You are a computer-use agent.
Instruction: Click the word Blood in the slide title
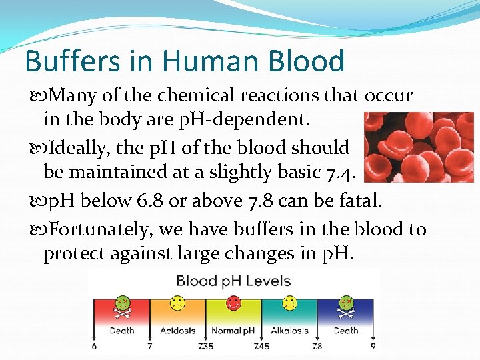click(307, 61)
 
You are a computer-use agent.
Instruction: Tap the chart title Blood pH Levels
click(233, 281)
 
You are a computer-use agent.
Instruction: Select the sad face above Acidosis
click(177, 303)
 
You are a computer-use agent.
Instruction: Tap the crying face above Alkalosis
click(290, 303)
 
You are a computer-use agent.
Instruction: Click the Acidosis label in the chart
click(177, 331)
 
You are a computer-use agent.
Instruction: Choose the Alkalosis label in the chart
click(290, 331)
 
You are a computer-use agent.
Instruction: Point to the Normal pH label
click(233, 331)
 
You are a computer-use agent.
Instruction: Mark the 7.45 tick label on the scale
click(261, 347)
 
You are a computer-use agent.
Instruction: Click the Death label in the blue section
click(346, 331)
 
